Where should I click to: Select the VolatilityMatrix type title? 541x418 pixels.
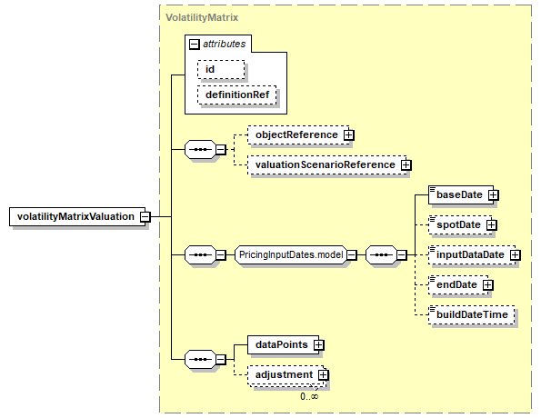pyautogui.click(x=202, y=17)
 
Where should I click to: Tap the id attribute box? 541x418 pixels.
pyautogui.click(x=221, y=69)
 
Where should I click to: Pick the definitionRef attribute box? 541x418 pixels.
pyautogui.click(x=237, y=95)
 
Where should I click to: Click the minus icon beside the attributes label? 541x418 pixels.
pyautogui.click(x=195, y=45)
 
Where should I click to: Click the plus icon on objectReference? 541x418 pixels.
pyautogui.click(x=349, y=134)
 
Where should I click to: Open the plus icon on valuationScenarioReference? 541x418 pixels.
pyautogui.click(x=406, y=165)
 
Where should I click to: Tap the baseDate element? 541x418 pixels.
pyautogui.click(x=461, y=194)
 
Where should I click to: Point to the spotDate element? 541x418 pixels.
pyautogui.click(x=460, y=224)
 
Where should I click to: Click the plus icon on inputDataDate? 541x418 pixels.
pyautogui.click(x=516, y=254)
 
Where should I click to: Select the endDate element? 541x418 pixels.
pyautogui.click(x=458, y=284)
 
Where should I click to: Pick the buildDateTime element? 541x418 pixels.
pyautogui.click(x=472, y=315)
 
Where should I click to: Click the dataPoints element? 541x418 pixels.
pyautogui.click(x=284, y=344)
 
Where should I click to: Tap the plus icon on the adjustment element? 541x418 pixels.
pyautogui.click(x=324, y=375)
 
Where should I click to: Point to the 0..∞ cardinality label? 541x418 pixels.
pyautogui.click(x=309, y=396)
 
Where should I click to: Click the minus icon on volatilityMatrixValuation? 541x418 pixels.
pyautogui.click(x=145, y=216)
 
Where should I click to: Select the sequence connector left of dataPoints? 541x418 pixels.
pyautogui.click(x=201, y=359)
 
